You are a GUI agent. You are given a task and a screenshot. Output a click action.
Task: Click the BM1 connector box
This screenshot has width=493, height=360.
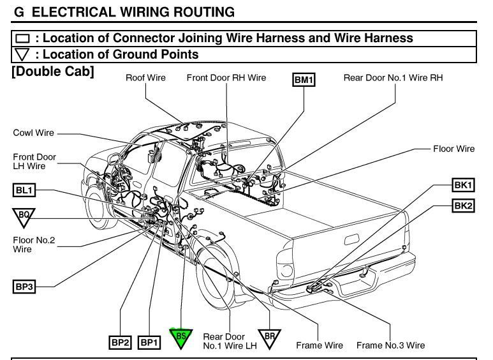tap(304, 80)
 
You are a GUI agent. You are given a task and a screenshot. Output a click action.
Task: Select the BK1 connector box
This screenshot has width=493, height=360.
tap(463, 186)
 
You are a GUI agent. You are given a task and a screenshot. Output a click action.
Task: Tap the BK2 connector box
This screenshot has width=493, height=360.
tap(463, 206)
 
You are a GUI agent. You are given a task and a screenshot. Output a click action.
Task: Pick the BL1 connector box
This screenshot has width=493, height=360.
tap(24, 190)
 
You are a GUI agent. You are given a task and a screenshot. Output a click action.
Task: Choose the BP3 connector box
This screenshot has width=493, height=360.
tap(24, 287)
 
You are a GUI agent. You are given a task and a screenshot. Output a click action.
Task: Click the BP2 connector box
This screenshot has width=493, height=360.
tap(120, 343)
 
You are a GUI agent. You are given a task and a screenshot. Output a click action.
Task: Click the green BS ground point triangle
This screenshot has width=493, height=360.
tap(180, 337)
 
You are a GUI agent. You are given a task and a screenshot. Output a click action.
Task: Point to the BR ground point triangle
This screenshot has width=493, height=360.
tap(269, 337)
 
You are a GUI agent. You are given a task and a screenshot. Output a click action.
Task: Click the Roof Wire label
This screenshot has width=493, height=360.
tap(145, 78)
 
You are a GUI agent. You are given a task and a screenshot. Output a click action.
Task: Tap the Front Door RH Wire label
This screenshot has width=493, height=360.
tap(226, 78)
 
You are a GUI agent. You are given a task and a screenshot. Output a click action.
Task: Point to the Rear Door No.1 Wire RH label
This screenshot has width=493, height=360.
tap(393, 78)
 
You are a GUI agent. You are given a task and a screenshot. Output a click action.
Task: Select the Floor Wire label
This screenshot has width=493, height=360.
tap(453, 149)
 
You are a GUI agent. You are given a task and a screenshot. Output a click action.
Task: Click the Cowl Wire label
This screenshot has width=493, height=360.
tap(33, 133)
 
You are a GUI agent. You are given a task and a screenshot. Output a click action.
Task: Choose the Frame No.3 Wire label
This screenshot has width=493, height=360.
tap(390, 345)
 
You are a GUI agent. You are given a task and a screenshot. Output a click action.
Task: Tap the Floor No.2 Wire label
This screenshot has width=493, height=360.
tap(34, 244)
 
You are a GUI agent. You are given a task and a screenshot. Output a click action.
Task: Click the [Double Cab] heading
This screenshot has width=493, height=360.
tap(53, 71)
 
